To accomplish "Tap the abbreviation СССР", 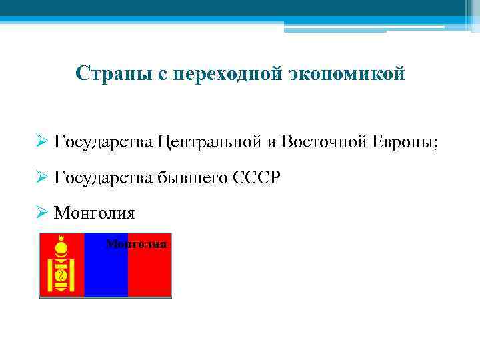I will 257,177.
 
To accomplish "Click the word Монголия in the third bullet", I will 94,213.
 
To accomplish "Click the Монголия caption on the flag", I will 136,244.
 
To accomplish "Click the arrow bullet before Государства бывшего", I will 43,178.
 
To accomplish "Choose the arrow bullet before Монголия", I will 43,213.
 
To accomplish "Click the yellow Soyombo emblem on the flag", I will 61,266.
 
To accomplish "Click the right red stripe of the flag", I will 150,273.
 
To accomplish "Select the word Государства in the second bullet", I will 103,178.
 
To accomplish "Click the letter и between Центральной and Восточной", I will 272,143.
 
